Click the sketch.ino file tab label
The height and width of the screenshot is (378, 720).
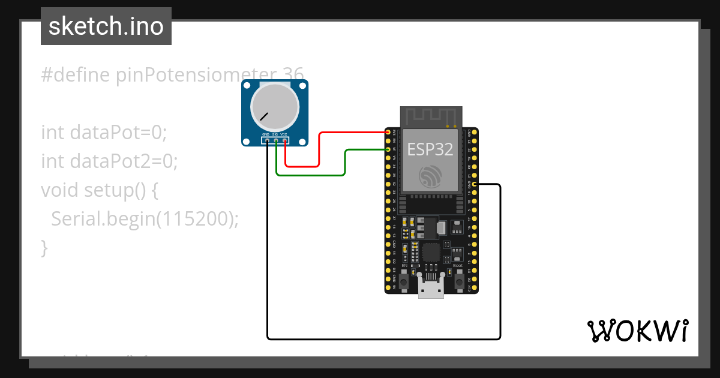tap(106, 26)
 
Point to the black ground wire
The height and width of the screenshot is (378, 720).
tap(384, 339)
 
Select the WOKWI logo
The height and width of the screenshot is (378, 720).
tap(637, 331)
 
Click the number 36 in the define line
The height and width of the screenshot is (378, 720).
tap(293, 75)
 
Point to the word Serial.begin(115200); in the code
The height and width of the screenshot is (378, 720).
tap(145, 219)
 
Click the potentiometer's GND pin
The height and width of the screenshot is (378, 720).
tap(267, 141)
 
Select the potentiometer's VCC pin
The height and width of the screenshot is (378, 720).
tap(284, 141)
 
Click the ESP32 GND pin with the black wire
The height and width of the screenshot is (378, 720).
tap(475, 184)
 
